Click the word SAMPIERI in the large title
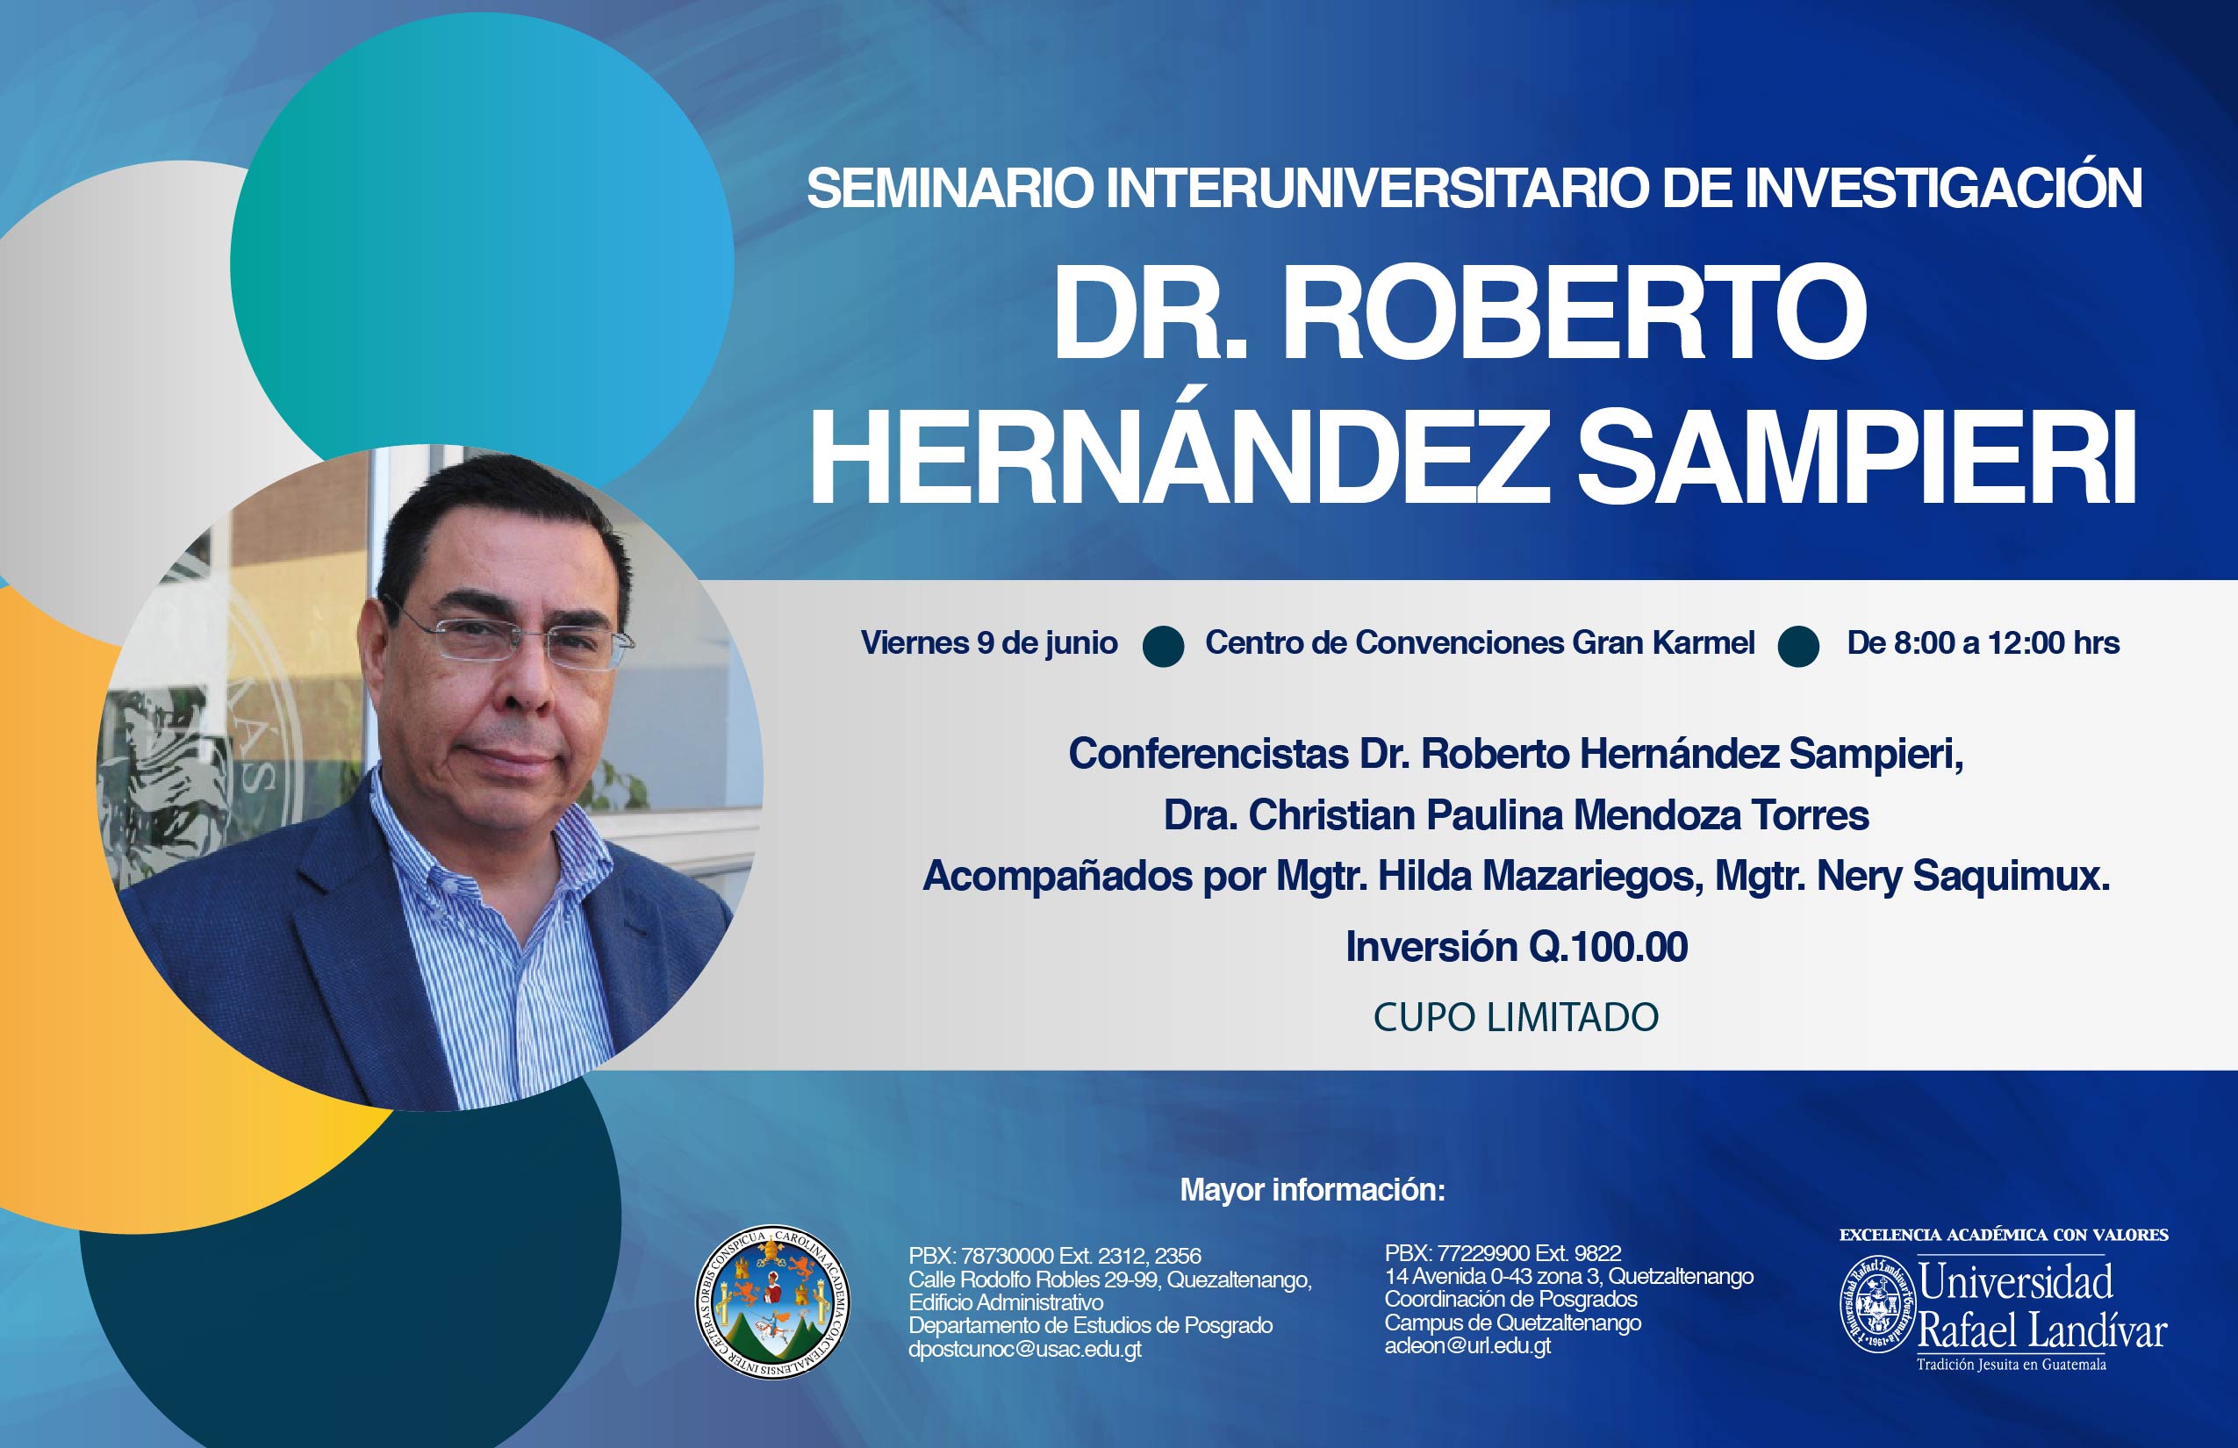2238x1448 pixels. (1856, 459)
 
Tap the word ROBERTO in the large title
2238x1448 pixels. (1576, 313)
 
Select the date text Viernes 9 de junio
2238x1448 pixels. (989, 643)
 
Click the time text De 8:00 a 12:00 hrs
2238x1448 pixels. (1983, 643)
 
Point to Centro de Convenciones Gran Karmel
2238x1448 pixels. (1480, 643)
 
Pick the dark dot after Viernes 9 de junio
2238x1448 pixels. (1163, 647)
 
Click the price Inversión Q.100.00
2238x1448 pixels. (1517, 947)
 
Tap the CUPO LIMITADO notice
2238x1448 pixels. (1516, 1017)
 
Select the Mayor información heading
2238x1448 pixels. (1313, 1190)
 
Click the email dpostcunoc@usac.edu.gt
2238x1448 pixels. (1025, 1350)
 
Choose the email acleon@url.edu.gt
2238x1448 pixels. (1467, 1345)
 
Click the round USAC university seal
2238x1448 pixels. (772, 1302)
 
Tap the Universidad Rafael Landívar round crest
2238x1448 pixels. (1877, 1305)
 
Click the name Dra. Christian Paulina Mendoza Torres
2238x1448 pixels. (1516, 815)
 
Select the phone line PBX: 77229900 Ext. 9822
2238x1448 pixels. (1503, 1253)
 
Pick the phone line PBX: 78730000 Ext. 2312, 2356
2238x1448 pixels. (1055, 1256)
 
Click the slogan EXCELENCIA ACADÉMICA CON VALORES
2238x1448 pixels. (2003, 1236)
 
